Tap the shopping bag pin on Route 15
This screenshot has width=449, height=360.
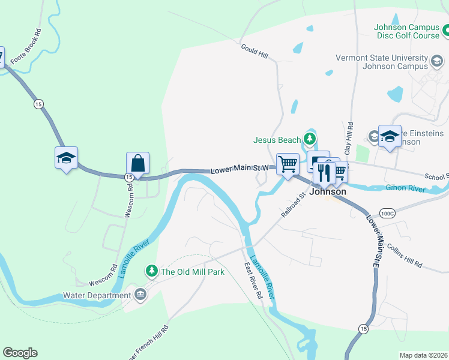[137, 163]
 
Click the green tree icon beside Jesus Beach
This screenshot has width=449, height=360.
[310, 140]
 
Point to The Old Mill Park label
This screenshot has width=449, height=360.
[192, 272]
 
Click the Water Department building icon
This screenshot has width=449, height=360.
[140, 295]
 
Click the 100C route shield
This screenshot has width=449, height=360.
[388, 213]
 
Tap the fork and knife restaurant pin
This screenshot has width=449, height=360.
[324, 173]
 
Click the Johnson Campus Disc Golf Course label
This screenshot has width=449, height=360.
[407, 31]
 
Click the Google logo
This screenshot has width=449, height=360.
[20, 353]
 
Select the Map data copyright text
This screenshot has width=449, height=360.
[423, 355]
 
